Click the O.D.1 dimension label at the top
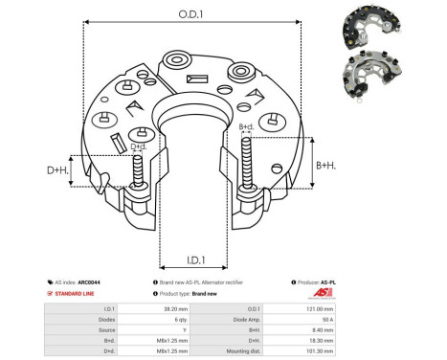coord(194,15)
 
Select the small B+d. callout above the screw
coord(246,127)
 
